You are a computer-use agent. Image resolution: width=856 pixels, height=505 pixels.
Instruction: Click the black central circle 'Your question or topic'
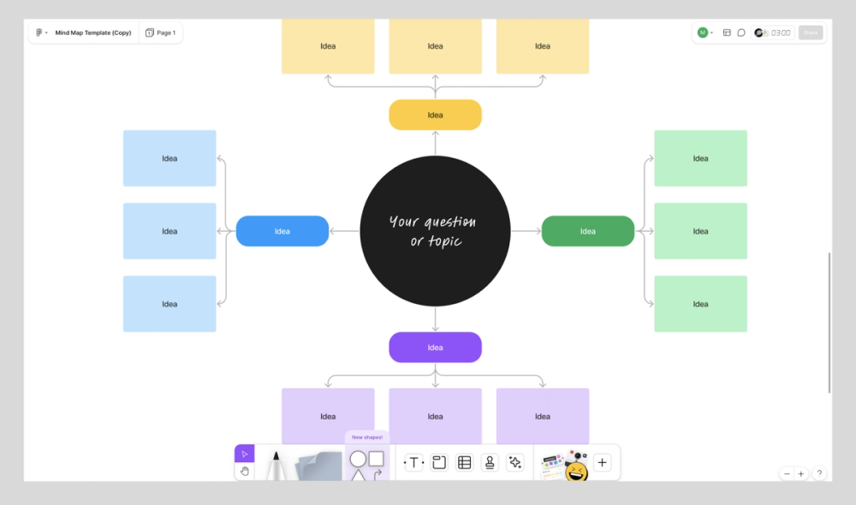pos(435,231)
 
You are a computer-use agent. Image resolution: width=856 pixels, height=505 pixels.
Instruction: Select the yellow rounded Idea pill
pos(435,115)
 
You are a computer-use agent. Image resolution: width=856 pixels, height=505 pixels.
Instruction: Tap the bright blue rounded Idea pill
pos(282,231)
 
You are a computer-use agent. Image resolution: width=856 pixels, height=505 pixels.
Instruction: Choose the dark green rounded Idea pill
pos(587,231)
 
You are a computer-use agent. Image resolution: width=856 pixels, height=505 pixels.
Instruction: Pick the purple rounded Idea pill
pos(435,348)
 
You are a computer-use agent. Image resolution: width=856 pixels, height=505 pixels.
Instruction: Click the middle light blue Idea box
pos(169,231)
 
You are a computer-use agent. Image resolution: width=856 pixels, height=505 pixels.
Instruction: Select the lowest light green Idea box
pos(700,304)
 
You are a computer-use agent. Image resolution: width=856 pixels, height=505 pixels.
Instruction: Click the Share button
pos(810,33)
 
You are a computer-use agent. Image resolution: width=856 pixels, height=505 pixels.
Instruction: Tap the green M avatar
pos(703,33)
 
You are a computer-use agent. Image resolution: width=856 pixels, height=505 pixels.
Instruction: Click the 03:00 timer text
pos(781,33)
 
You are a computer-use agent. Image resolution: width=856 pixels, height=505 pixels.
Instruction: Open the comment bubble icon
pos(741,33)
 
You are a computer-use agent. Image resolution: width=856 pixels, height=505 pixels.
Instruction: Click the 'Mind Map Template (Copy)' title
pos(93,33)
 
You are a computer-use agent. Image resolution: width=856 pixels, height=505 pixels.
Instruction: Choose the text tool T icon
pos(413,463)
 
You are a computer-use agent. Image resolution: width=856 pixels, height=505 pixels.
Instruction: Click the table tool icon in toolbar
pos(464,463)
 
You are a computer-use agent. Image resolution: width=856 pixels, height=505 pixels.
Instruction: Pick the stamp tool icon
pos(490,463)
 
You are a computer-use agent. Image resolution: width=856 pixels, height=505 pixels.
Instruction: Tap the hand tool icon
pos(245,471)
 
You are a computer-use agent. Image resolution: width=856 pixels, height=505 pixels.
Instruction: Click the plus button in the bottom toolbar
pos(603,463)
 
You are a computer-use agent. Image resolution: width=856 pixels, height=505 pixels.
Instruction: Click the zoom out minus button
pos(787,474)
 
